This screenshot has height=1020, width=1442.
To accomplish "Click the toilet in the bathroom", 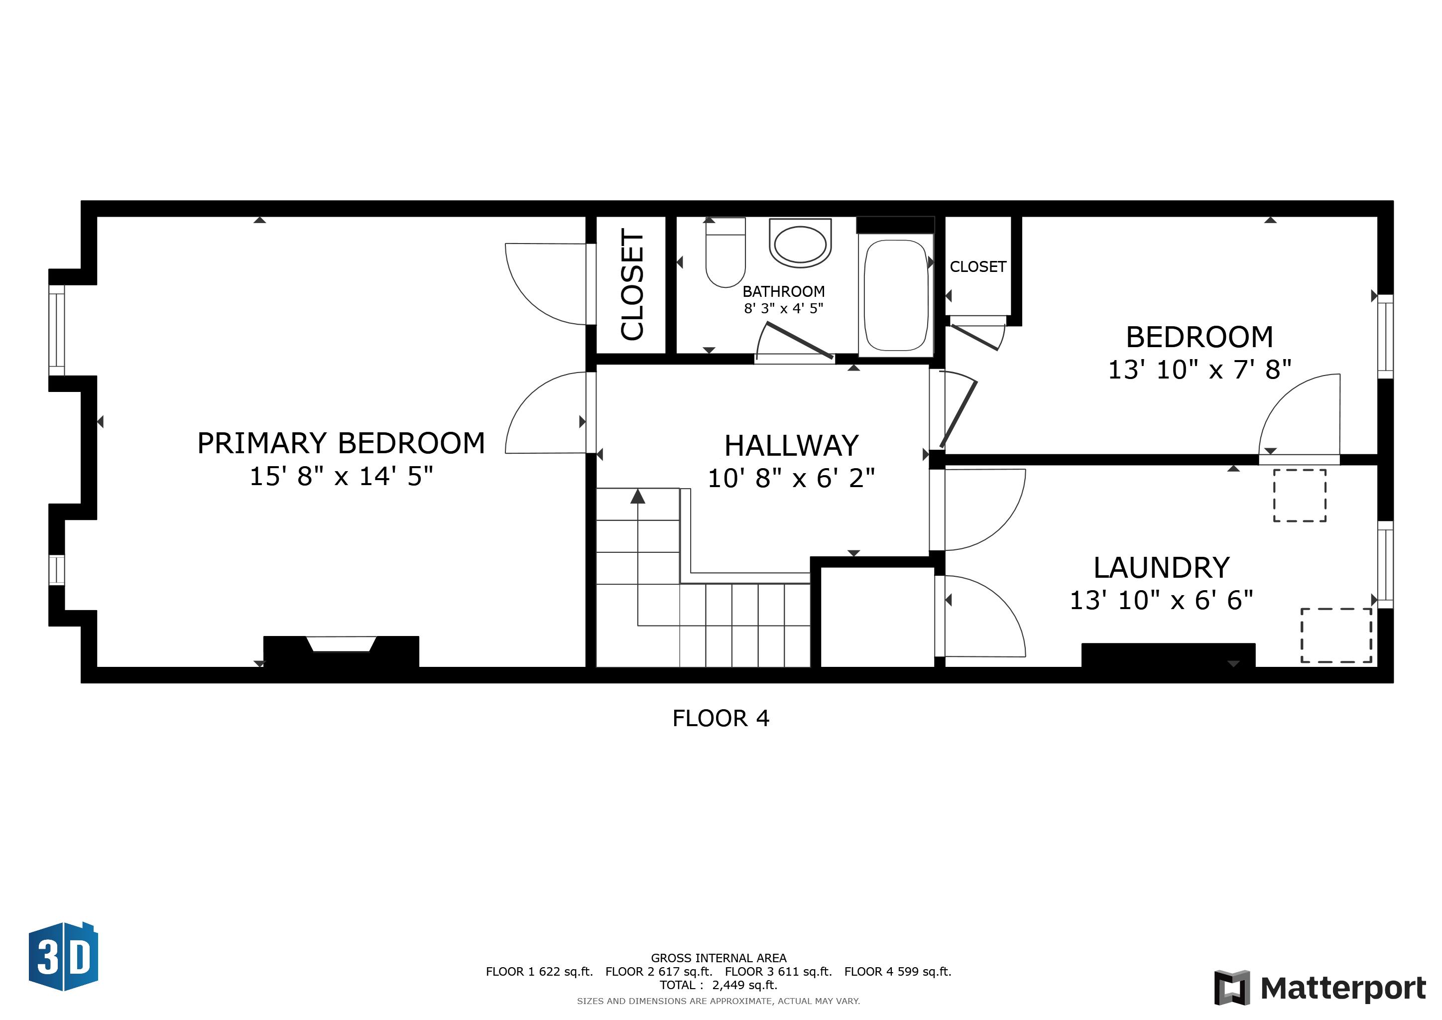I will [725, 255].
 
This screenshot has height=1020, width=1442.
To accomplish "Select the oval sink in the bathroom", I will [800, 245].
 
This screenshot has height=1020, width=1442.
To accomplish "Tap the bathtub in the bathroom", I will [896, 295].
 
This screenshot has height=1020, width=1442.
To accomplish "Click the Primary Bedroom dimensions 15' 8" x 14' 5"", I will [341, 476].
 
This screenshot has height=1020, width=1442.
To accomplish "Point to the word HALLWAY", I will [791, 446].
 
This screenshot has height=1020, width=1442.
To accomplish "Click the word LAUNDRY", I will [1161, 568].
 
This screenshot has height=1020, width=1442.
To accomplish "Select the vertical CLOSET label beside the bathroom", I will [632, 284].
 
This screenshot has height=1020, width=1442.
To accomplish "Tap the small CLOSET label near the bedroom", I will [977, 267].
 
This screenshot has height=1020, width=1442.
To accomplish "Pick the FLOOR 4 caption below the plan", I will [721, 718].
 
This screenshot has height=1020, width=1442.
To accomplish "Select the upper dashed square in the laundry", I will [1300, 495].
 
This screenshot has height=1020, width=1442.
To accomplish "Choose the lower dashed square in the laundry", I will [1336, 635].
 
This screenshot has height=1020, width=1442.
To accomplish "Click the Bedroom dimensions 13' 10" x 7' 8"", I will [1199, 370].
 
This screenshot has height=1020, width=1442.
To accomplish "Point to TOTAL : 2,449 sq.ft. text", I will [719, 985].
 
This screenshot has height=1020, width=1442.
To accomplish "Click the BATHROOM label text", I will [783, 291].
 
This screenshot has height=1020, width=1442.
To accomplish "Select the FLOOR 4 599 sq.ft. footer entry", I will [897, 972].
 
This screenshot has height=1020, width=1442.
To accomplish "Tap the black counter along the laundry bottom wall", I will [1168, 654].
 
